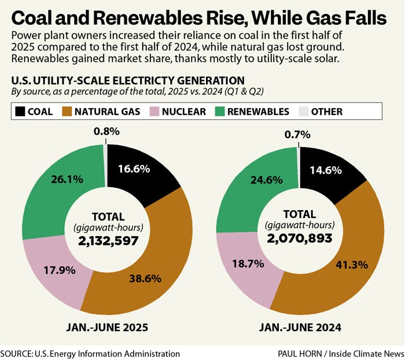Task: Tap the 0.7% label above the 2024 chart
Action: pos(298,134)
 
